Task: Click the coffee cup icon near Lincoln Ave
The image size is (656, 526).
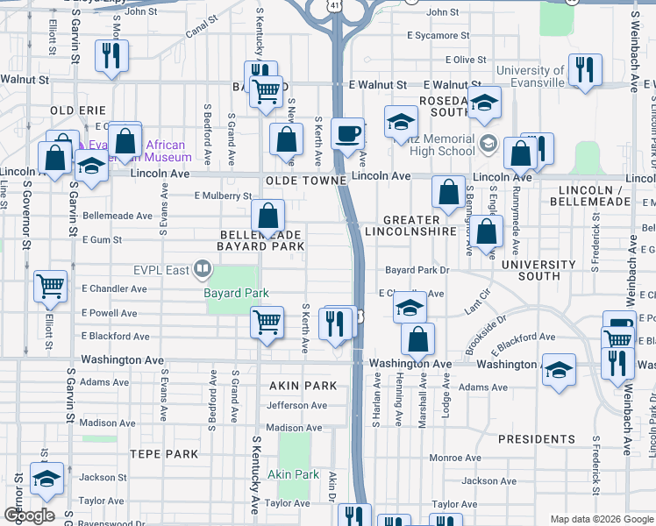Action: [x=347, y=133]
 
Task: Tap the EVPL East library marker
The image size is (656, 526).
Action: [x=203, y=268]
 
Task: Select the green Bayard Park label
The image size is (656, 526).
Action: [x=236, y=292]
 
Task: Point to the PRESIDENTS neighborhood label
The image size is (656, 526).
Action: [x=535, y=438]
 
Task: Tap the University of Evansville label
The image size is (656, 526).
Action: [x=531, y=76]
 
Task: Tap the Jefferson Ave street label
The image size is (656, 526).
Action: [x=296, y=405]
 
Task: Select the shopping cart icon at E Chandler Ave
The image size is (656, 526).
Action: [x=50, y=285]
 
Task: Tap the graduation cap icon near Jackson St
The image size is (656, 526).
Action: [x=46, y=478]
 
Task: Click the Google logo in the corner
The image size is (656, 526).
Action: [x=29, y=515]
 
